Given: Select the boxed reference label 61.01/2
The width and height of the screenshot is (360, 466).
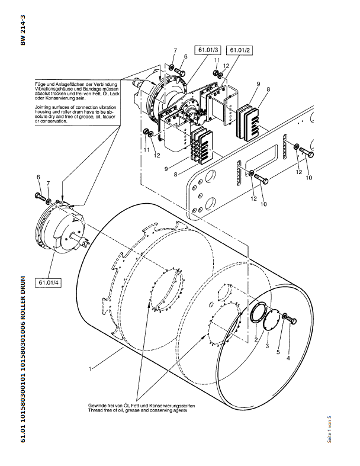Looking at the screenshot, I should coord(240,50).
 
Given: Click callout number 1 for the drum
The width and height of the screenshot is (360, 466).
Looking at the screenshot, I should coord(90,369).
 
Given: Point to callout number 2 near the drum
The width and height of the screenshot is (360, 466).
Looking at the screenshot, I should coord(256,339).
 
